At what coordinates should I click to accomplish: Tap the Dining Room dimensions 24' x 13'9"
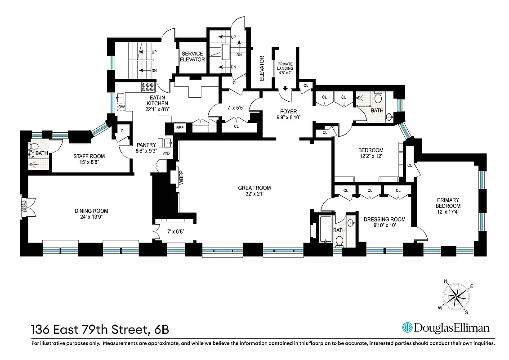[91, 217]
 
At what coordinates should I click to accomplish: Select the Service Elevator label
[192, 57]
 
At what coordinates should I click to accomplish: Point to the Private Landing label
[285, 67]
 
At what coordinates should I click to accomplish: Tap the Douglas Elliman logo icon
[407, 328]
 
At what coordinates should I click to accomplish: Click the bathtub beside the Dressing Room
[325, 229]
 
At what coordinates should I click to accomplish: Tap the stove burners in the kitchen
[148, 86]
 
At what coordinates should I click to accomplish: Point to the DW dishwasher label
[121, 107]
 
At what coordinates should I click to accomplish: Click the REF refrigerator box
[180, 128]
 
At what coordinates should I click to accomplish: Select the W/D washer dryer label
[166, 153]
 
